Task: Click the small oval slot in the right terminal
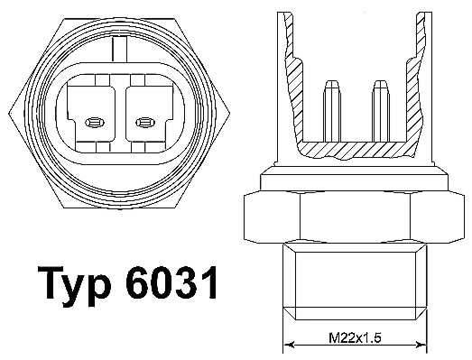[x=142, y=121]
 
